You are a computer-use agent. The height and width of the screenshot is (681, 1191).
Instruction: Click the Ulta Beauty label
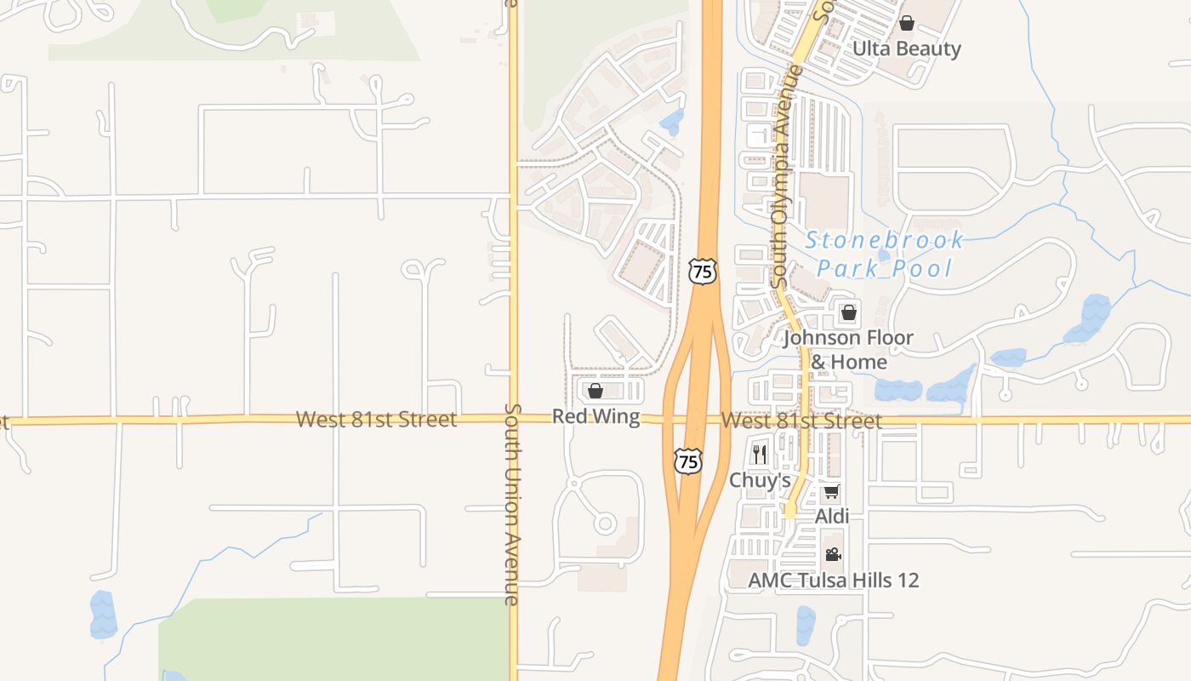pyautogui.click(x=906, y=49)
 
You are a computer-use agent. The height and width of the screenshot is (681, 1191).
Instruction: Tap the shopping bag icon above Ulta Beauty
pyautogui.click(x=907, y=23)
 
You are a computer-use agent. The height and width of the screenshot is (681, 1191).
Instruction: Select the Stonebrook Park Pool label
pyautogui.click(x=885, y=254)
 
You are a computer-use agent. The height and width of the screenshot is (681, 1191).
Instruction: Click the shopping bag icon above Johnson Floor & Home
pyautogui.click(x=848, y=312)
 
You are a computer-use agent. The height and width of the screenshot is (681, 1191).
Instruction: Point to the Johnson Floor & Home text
pyautogui.click(x=848, y=349)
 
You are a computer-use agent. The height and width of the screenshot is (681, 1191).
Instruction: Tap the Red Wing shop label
pyautogui.click(x=595, y=416)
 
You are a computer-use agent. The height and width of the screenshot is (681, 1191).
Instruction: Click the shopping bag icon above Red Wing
pyautogui.click(x=595, y=391)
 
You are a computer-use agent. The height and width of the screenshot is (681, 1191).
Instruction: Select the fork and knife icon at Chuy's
pyautogui.click(x=760, y=455)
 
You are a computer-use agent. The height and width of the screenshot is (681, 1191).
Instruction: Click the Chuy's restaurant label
pyautogui.click(x=760, y=480)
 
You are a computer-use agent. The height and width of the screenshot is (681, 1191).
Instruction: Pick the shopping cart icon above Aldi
pyautogui.click(x=832, y=492)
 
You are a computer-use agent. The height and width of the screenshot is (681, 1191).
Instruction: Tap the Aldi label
pyautogui.click(x=832, y=517)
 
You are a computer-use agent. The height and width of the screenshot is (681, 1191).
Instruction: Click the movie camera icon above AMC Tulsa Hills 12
pyautogui.click(x=833, y=555)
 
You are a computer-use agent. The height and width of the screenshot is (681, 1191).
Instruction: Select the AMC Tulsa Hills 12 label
pyautogui.click(x=833, y=581)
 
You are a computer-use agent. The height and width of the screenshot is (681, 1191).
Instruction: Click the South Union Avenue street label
pyautogui.click(x=511, y=504)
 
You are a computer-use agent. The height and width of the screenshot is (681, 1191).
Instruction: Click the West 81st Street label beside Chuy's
pyautogui.click(x=801, y=421)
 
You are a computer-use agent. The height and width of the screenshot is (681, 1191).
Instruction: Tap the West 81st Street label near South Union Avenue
pyautogui.click(x=376, y=419)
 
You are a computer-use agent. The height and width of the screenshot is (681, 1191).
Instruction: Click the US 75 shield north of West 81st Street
pyautogui.click(x=703, y=272)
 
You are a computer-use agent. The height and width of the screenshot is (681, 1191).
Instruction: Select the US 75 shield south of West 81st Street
pyautogui.click(x=688, y=461)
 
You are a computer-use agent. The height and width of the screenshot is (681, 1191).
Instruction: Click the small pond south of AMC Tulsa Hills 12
pyautogui.click(x=805, y=625)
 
